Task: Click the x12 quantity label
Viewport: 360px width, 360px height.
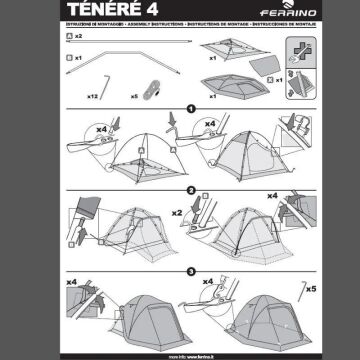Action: tap(93, 96)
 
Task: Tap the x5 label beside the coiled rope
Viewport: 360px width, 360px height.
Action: tap(134, 96)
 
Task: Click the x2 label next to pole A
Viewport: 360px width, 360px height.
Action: tap(78, 36)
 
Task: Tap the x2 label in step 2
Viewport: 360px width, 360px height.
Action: tap(177, 213)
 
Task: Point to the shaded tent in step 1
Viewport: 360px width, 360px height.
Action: tap(240, 150)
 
